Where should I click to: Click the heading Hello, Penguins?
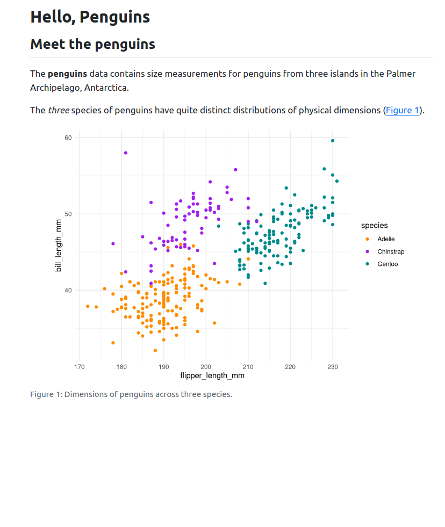point(90,17)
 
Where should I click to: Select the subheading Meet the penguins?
point(92,44)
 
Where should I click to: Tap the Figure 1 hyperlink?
point(402,111)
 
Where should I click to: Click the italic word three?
point(58,111)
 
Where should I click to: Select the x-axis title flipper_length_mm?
point(212,376)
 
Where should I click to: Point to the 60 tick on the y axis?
point(68,138)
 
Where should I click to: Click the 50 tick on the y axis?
point(68,214)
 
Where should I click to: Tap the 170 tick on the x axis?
point(80,367)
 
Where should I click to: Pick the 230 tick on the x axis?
point(333,367)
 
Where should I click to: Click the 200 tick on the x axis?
point(206,367)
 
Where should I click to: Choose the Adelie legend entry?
point(385,239)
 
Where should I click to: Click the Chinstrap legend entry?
point(390,251)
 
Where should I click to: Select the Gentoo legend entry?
point(387,264)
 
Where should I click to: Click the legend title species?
point(374,226)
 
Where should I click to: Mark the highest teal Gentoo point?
point(333,141)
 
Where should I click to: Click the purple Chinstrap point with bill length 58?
point(126,153)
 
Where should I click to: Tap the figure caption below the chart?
point(131,394)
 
